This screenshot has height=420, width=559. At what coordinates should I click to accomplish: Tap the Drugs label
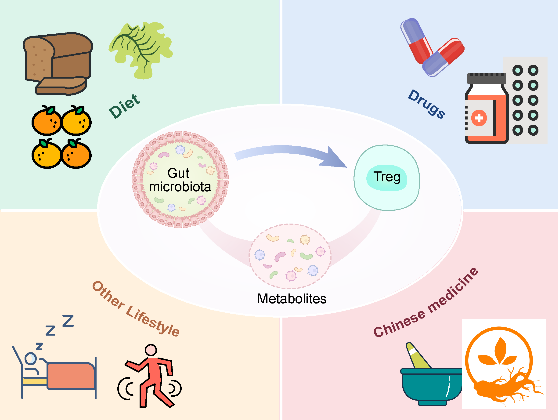[x=427, y=104]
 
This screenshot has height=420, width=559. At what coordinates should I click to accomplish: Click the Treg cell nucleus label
[x=387, y=177]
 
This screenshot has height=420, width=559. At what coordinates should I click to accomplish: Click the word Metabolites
[x=292, y=299]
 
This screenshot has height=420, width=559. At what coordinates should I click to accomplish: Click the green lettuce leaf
[x=141, y=49]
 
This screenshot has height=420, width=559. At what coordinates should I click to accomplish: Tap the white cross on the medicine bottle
[x=479, y=118]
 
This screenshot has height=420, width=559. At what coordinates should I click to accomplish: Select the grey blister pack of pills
[x=526, y=100]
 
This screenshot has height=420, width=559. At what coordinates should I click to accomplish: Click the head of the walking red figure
[x=151, y=350]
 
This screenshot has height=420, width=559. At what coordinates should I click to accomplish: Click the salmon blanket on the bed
[x=71, y=375]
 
